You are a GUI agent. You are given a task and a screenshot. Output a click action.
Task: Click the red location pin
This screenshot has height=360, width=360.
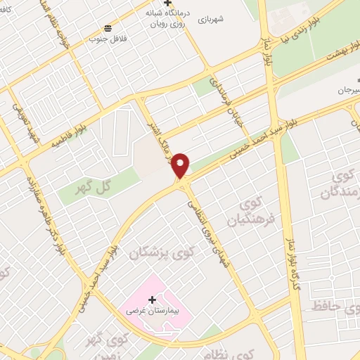click(181, 164)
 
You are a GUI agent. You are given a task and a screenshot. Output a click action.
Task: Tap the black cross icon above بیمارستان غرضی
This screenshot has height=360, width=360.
click(152, 300)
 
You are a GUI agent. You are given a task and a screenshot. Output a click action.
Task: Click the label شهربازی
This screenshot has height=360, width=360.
click(210, 20)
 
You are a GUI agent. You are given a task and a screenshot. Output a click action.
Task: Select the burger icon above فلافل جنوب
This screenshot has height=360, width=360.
click(107, 28)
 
